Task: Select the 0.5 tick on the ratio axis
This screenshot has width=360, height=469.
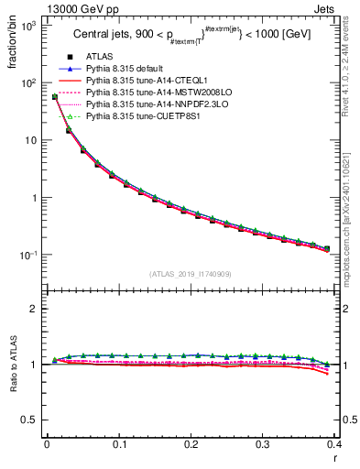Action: [x=29, y=420]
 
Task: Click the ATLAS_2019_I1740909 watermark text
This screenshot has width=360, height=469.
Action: [x=191, y=274]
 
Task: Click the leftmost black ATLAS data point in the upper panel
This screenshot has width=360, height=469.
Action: [x=55, y=97]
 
